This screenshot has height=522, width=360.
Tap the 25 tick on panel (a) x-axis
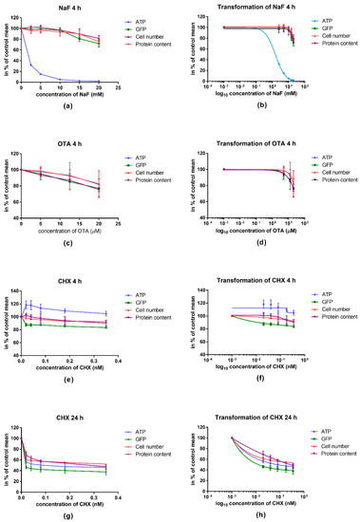117,91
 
